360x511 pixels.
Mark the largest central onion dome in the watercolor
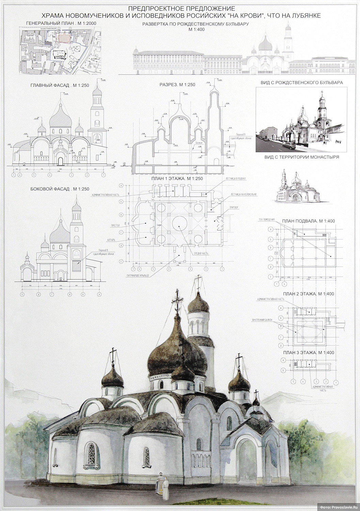coord(177,356)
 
